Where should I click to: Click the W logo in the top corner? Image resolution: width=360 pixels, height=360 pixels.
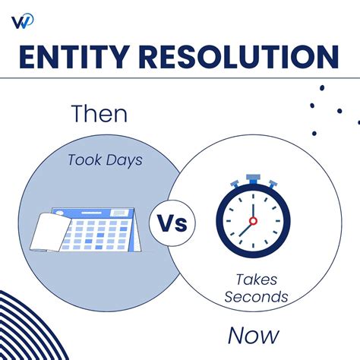22,20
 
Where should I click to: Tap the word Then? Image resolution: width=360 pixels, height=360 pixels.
99,115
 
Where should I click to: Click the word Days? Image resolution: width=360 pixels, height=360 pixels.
125,160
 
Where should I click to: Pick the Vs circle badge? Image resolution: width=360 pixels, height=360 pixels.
175,223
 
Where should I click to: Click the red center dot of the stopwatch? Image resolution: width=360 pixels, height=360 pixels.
253,221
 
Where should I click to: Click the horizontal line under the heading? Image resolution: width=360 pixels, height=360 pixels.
180,77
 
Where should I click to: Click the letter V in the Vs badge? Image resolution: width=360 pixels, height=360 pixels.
167,223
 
